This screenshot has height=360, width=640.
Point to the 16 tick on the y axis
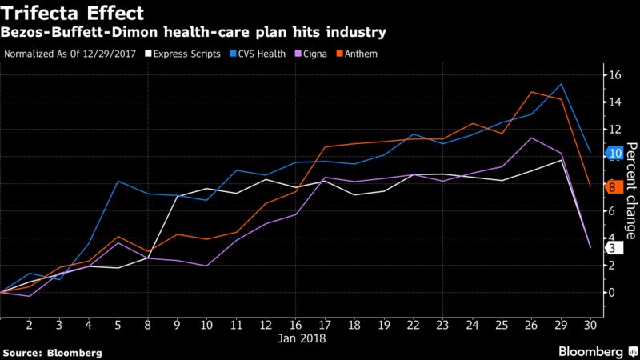(614, 75)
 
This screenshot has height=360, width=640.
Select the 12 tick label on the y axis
(614, 130)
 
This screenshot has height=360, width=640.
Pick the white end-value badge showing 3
(612, 249)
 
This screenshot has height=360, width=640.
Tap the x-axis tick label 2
(29, 326)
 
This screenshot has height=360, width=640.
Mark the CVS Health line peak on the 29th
(562, 84)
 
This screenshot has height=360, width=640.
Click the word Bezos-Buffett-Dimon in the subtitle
(75, 34)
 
